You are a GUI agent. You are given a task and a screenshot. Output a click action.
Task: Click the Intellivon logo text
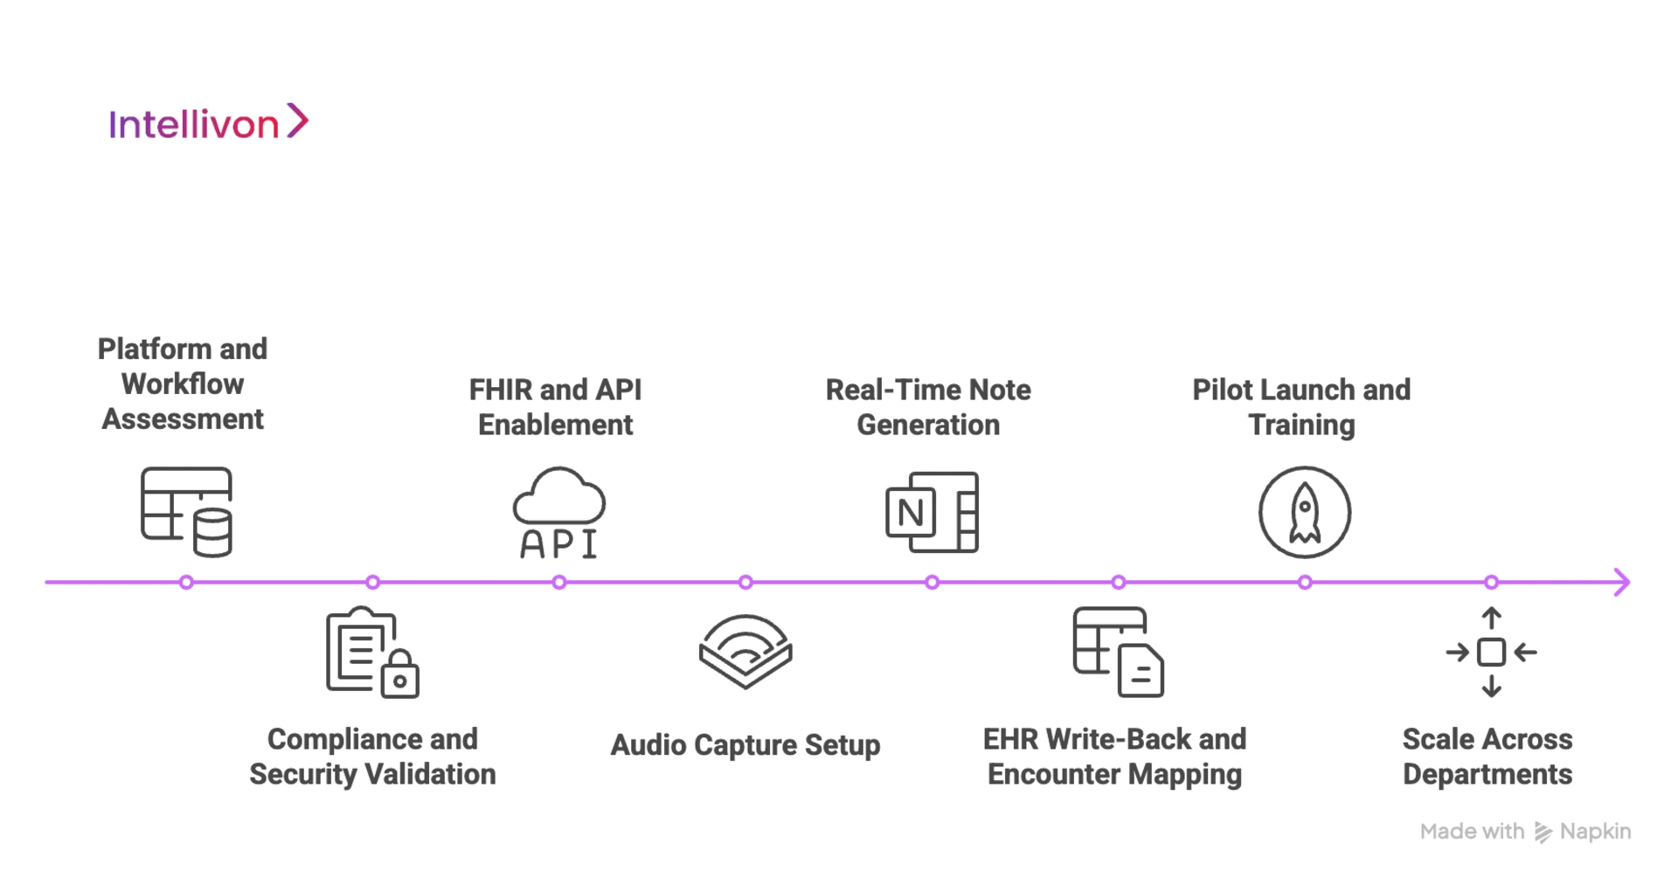coord(194,125)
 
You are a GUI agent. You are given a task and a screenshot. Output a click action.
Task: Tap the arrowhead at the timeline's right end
coord(1622,582)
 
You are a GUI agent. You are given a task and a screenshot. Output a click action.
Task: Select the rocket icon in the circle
coord(1304,512)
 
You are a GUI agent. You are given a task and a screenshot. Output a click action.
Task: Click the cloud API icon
coord(558,513)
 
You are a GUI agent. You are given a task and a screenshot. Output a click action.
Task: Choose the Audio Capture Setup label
coord(745,745)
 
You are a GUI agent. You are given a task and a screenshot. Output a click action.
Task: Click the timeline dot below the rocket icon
coord(1304,582)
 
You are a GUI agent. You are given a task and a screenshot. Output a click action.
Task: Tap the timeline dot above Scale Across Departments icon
coord(1491,582)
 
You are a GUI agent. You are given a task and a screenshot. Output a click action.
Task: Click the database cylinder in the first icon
coord(212,533)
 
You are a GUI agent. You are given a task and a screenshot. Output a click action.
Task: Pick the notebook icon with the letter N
coord(932,513)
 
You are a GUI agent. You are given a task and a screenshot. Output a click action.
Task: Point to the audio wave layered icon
coord(745,652)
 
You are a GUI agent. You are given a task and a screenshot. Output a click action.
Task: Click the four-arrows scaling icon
coord(1491,653)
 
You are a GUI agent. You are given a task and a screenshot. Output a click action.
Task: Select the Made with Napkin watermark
coord(1525,832)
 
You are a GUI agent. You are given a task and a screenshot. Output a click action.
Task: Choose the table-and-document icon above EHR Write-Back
coord(1118,652)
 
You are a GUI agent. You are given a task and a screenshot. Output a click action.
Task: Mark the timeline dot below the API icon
coord(558,582)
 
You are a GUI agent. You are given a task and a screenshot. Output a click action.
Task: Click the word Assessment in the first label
coord(183,419)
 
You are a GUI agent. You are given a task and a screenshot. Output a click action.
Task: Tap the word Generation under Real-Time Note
coord(928,425)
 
